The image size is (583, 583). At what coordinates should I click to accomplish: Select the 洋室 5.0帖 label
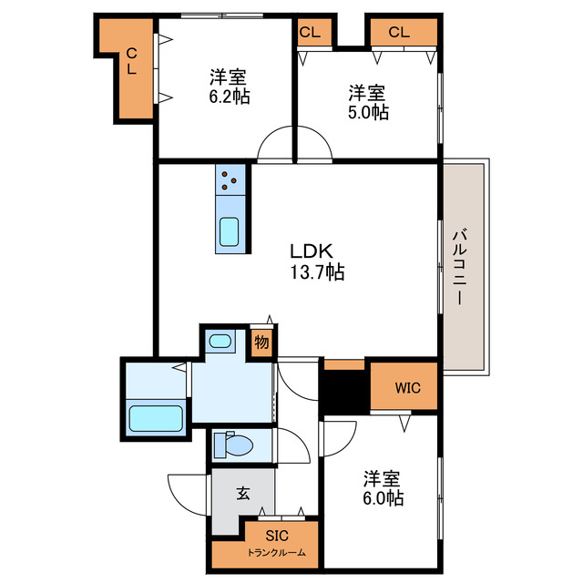pos(368,102)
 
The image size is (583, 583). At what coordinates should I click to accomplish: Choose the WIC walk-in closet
pos(406,387)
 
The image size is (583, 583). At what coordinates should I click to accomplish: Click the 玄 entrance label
pos(243,494)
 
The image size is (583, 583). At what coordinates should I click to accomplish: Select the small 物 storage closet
pos(261,343)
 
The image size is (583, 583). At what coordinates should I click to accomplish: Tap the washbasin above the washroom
pos(219,342)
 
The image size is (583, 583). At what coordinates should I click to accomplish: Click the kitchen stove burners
pos(230,180)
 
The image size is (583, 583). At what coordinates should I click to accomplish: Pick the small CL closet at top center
pos(310,33)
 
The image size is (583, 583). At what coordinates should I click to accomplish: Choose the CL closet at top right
pos(399,33)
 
